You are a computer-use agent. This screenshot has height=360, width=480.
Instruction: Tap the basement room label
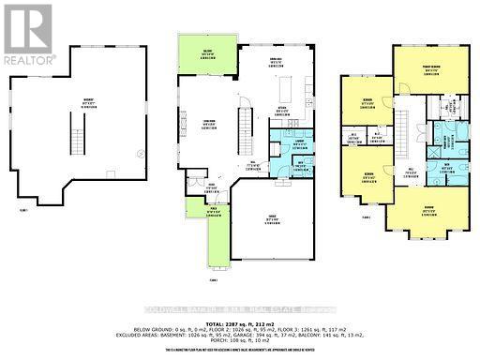pyautogui.click(x=88, y=106)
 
